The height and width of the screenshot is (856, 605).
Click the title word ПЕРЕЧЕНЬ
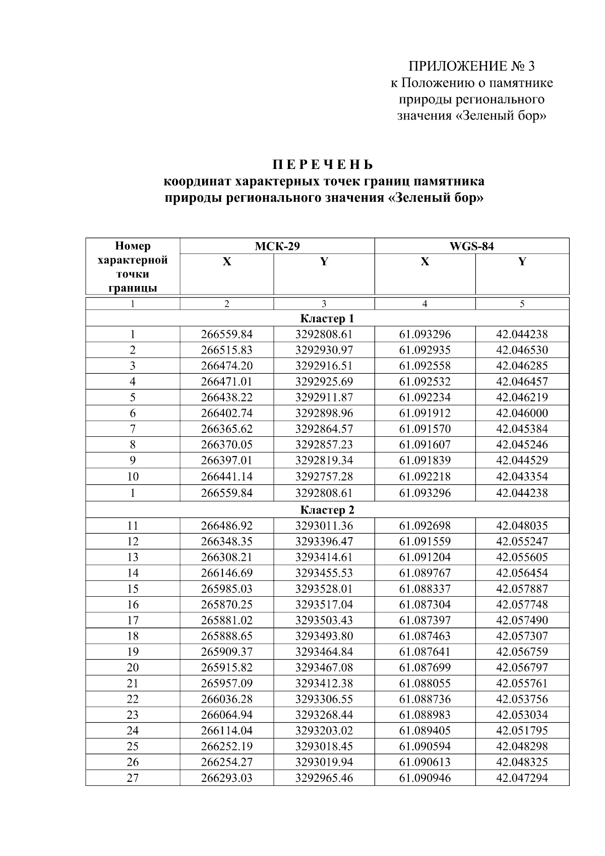(323, 165)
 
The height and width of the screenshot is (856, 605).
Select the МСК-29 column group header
(277, 246)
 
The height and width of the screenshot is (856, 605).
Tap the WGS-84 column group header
(471, 246)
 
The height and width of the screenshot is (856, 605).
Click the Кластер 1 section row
(327, 319)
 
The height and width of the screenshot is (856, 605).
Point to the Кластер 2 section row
(327, 509)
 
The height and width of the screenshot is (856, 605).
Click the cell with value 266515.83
(226, 350)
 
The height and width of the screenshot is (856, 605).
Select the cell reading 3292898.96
(324, 413)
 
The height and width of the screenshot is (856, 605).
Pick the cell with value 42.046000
(522, 413)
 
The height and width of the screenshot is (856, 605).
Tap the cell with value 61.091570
(425, 429)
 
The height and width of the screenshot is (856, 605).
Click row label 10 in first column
(133, 476)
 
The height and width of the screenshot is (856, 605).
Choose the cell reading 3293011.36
(324, 526)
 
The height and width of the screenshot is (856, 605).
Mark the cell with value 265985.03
(226, 589)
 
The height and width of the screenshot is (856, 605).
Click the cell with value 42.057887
(522, 589)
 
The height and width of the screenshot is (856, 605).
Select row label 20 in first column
(133, 667)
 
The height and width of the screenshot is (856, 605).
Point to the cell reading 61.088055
(425, 683)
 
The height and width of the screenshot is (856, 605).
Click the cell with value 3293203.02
(324, 730)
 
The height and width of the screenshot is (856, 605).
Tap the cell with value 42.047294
(522, 778)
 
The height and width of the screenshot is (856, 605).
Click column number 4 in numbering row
(425, 304)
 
